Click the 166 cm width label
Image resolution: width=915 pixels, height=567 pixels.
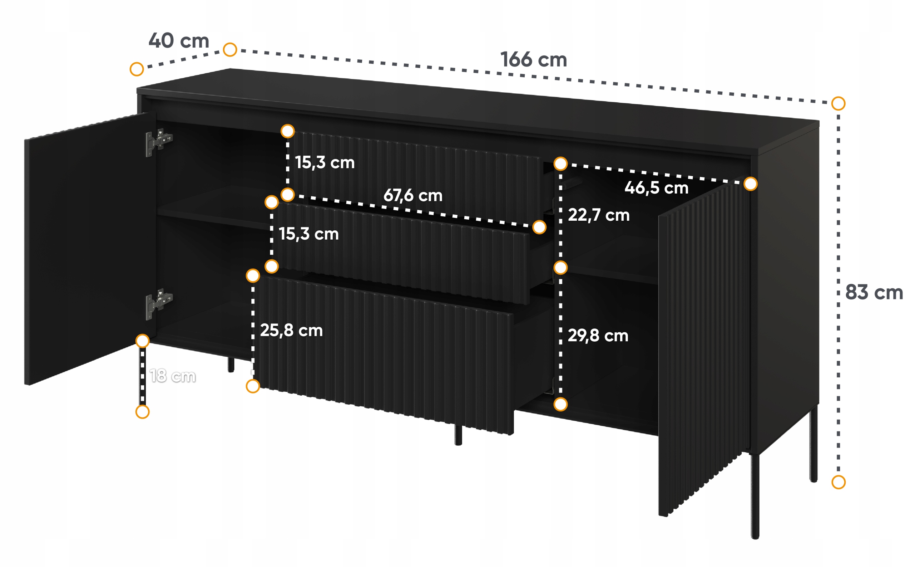pyautogui.click(x=534, y=60)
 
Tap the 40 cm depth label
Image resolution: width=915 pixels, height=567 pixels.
pyautogui.click(x=179, y=40)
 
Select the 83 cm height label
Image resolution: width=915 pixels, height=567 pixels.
pyautogui.click(x=874, y=292)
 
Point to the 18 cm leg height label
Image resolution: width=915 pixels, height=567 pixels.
pyautogui.click(x=173, y=376)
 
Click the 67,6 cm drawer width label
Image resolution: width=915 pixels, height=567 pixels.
pyautogui.click(x=413, y=195)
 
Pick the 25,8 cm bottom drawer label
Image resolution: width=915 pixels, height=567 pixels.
pyautogui.click(x=292, y=331)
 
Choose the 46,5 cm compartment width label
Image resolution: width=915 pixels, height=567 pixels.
pyautogui.click(x=657, y=187)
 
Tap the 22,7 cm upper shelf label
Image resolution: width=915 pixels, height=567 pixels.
pyautogui.click(x=599, y=215)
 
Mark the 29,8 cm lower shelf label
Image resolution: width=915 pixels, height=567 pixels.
pyautogui.click(x=598, y=336)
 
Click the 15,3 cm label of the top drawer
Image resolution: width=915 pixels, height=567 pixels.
pyautogui.click(x=325, y=162)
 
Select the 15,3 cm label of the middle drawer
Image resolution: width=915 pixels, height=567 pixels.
pyautogui.click(x=309, y=234)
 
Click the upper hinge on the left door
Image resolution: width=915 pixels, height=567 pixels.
pyautogui.click(x=159, y=142)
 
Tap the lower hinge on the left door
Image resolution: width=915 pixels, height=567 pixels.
pyautogui.click(x=159, y=304)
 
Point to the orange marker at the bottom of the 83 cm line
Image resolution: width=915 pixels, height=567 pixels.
pyautogui.click(x=839, y=482)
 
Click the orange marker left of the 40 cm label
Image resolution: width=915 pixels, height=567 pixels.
pyautogui.click(x=137, y=69)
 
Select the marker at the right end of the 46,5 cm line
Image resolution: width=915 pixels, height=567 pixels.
pyautogui.click(x=751, y=184)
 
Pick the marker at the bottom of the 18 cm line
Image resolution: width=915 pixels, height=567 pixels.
pyautogui.click(x=142, y=412)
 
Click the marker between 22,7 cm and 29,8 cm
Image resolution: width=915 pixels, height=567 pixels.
pyautogui.click(x=560, y=268)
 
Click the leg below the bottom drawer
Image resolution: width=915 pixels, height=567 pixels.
pyautogui.click(x=458, y=435)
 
